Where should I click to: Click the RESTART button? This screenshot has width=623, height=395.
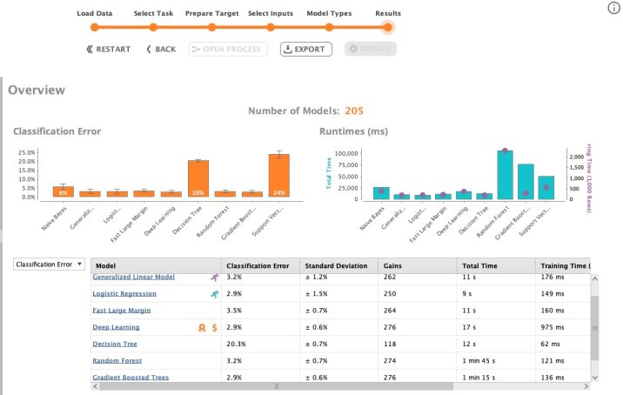(x=109, y=50)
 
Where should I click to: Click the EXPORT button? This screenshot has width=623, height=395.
(x=305, y=50)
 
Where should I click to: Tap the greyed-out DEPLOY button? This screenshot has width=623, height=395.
(x=371, y=50)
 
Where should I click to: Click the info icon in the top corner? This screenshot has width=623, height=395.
(x=612, y=8)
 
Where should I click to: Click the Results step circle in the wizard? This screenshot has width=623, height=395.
(x=388, y=27)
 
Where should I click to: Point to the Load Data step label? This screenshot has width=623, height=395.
(x=95, y=14)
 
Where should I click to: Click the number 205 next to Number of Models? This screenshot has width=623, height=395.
(x=354, y=110)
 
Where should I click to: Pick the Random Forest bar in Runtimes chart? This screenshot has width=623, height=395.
(x=505, y=175)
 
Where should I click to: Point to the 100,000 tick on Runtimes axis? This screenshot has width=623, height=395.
(x=345, y=153)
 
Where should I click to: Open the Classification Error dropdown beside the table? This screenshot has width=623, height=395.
(x=49, y=264)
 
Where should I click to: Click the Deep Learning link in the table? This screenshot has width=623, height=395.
(x=116, y=327)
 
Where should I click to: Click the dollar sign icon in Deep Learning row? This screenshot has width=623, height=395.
(x=214, y=327)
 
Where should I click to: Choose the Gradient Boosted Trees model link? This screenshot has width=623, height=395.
(x=131, y=377)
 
